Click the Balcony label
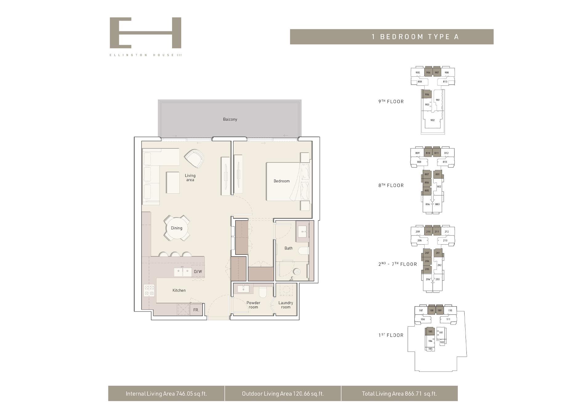(x=230, y=119)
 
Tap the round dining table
(x=176, y=228)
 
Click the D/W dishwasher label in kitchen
(x=198, y=272)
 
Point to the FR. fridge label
(x=196, y=310)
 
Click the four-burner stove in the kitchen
(x=149, y=290)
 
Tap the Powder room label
(x=253, y=305)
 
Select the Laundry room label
(x=286, y=305)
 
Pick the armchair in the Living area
(x=195, y=158)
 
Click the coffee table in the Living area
(x=173, y=182)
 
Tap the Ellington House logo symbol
(x=145, y=33)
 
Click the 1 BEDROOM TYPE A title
(x=415, y=37)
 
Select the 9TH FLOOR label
(x=391, y=102)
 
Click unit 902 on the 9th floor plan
(x=433, y=120)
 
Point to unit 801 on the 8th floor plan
(x=438, y=174)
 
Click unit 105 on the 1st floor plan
(x=430, y=331)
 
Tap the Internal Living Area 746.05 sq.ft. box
(x=166, y=393)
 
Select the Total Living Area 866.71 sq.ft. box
(x=399, y=393)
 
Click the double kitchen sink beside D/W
(x=183, y=272)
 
